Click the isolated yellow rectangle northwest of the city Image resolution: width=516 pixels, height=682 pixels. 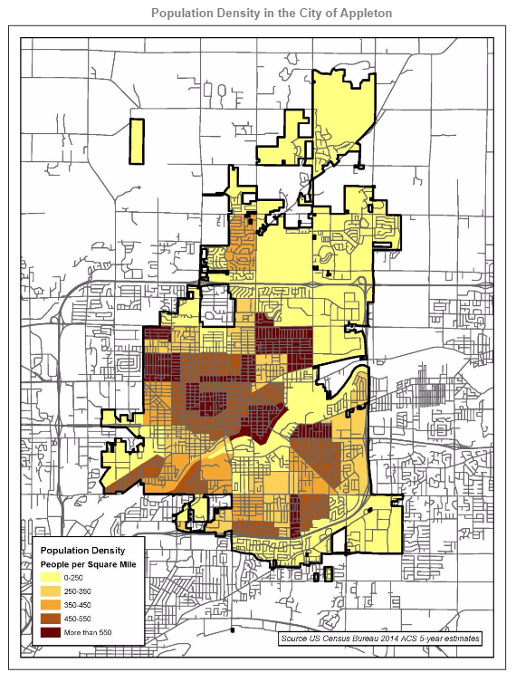(137, 141)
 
